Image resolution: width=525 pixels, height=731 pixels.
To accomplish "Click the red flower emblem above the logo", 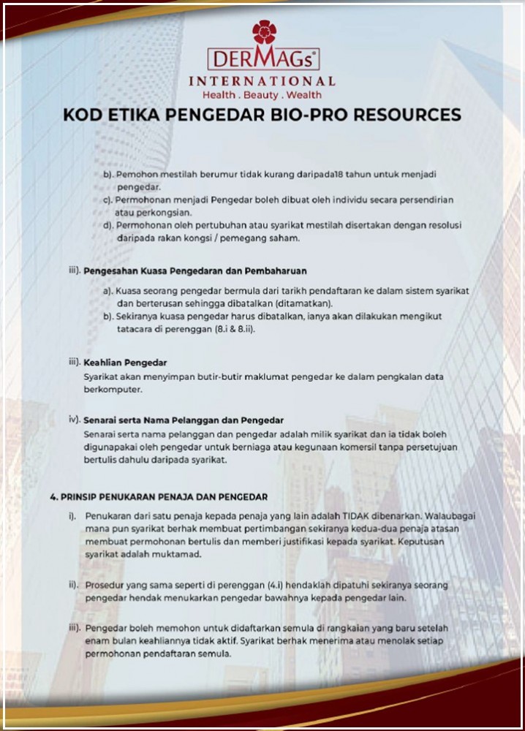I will [264, 31].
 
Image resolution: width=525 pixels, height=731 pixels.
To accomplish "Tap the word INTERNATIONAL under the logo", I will [262, 81].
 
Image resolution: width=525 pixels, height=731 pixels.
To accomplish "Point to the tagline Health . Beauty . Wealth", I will [262, 95].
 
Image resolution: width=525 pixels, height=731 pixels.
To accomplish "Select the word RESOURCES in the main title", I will [409, 115].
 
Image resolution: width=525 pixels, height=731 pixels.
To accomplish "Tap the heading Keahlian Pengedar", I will [125, 363].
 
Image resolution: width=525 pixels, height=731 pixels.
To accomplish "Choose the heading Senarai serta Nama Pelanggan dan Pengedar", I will [183, 421].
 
